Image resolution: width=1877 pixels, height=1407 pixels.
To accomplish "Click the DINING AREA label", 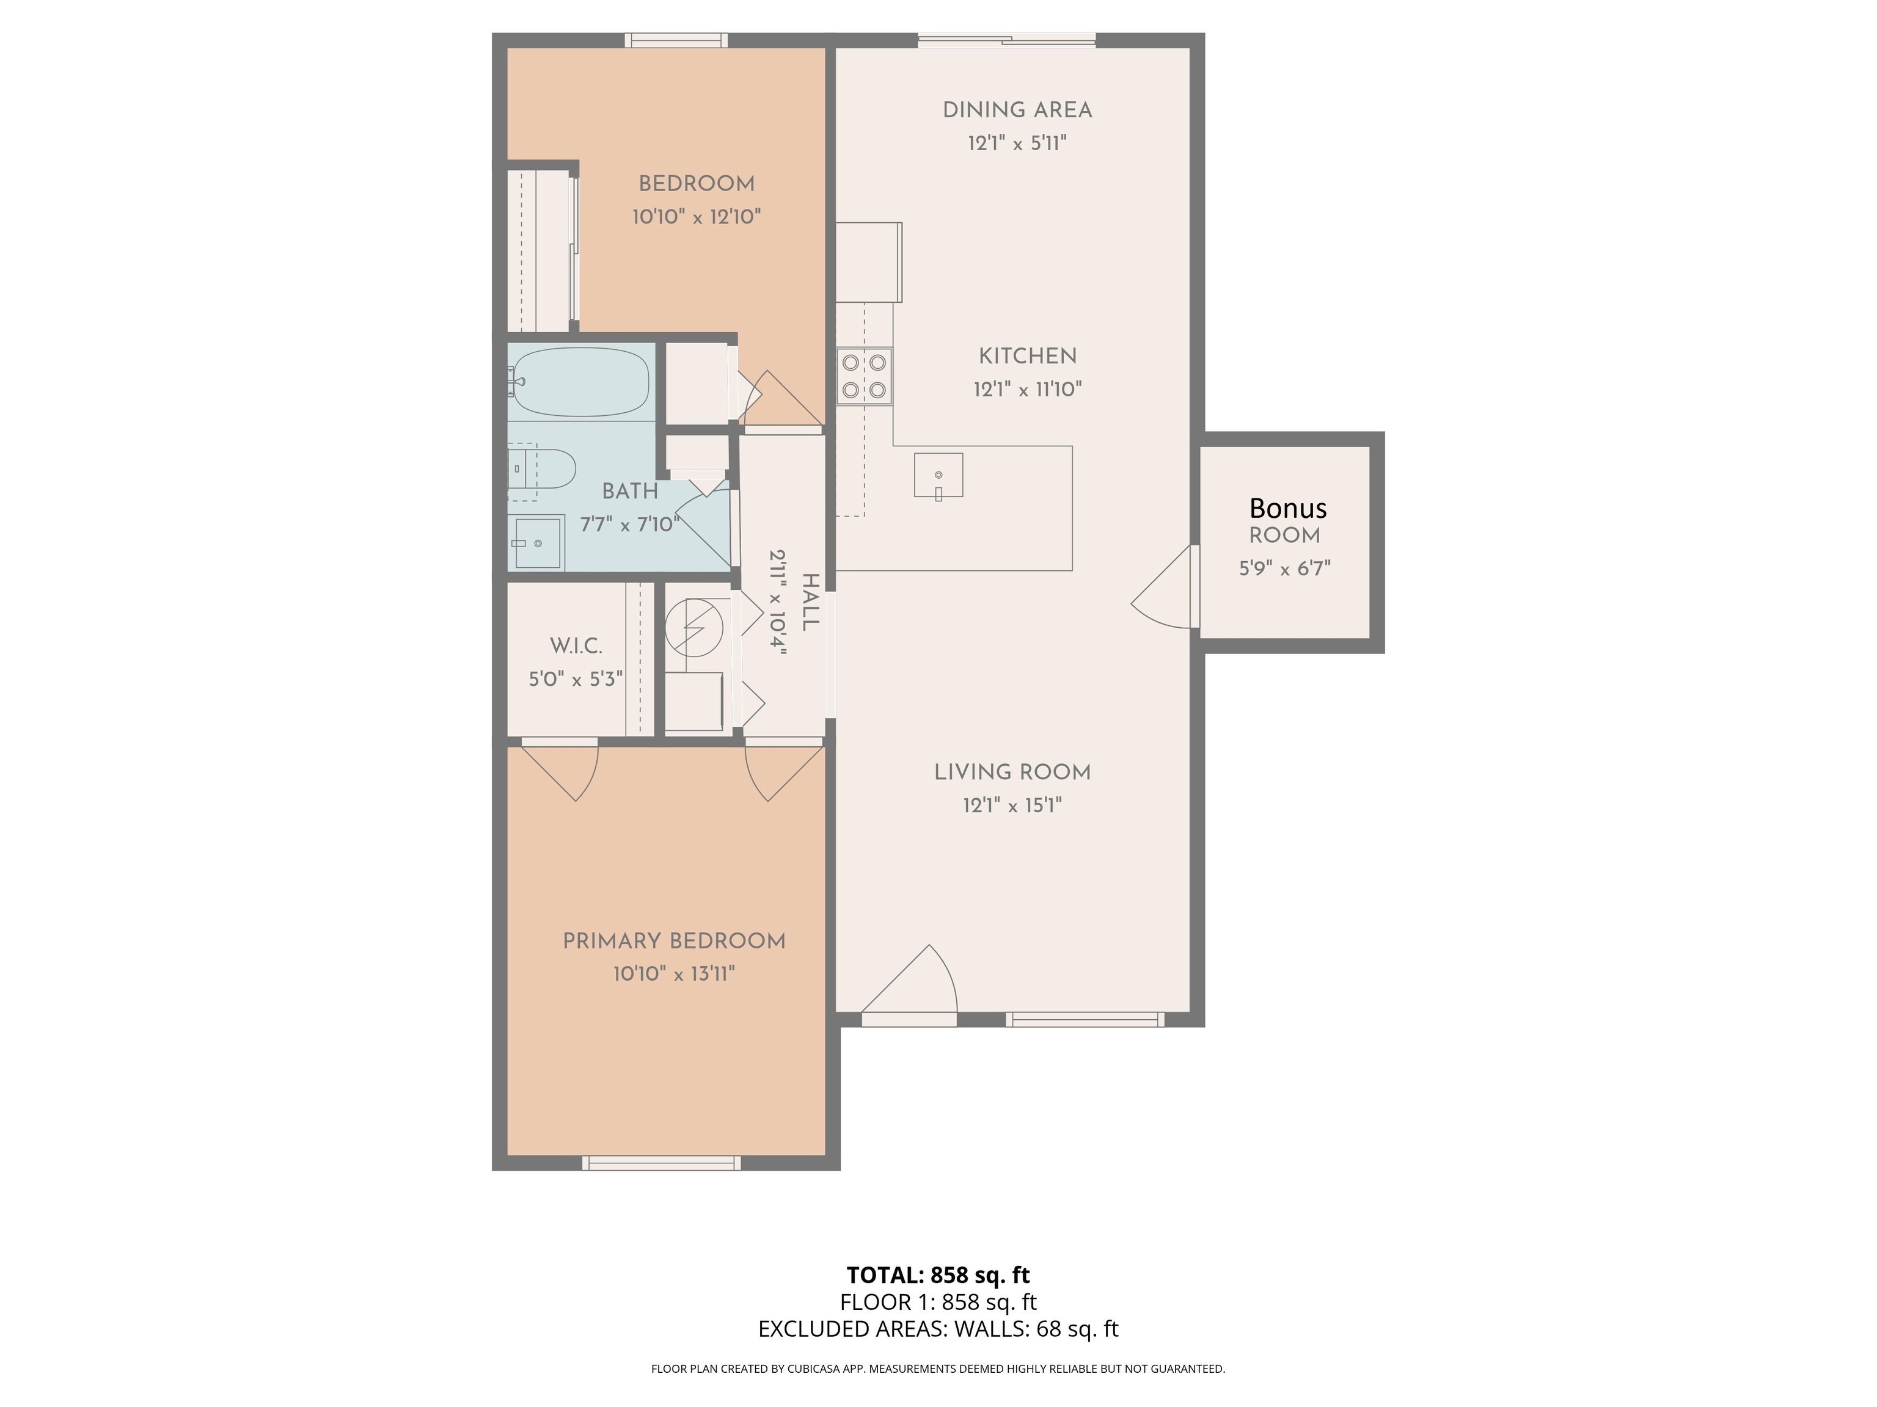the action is (x=1017, y=111).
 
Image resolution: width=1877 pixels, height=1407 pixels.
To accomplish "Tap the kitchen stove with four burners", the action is (x=864, y=376).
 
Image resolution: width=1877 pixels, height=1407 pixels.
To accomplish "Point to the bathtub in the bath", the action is (x=580, y=382).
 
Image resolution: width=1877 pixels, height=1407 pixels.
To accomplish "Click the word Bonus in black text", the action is (x=1287, y=508).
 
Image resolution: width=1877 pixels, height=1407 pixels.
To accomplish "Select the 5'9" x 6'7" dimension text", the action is (x=1285, y=568).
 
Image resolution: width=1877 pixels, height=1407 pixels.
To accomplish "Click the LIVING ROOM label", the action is (x=1012, y=773).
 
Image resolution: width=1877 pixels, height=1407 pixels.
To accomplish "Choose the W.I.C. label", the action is (x=576, y=646).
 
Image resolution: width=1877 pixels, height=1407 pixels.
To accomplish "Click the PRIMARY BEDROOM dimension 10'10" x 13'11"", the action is (x=674, y=973).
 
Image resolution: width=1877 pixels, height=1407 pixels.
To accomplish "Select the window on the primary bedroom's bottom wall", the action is (x=661, y=1163).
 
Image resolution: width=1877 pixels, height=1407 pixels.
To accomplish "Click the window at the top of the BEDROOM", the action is (x=676, y=40).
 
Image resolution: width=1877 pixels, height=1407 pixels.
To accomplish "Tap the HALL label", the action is (x=810, y=602).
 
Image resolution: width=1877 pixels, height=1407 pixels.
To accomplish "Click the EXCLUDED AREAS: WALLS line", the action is (x=938, y=1329).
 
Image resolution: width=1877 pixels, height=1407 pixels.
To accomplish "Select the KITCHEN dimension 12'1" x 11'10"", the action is (x=1028, y=389).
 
